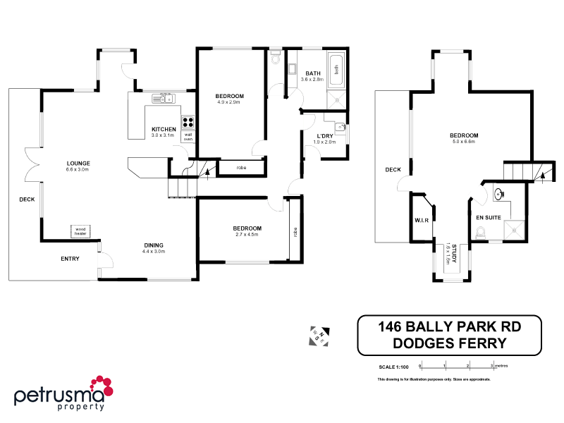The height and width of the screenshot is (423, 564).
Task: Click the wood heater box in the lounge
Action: pos(80,231)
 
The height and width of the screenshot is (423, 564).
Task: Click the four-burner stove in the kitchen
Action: pos(188,121)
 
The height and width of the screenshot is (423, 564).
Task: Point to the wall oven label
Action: pos(188,137)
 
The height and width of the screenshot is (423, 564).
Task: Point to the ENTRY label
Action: pos(70,259)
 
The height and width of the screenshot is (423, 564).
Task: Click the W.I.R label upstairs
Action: pos(421,221)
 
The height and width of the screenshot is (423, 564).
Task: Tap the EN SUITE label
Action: pos(489,218)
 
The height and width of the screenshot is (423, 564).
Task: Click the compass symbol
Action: pos(319,337)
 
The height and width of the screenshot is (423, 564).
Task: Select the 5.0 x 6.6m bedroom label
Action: pos(464,139)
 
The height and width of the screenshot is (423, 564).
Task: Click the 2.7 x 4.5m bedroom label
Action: pos(247,231)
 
